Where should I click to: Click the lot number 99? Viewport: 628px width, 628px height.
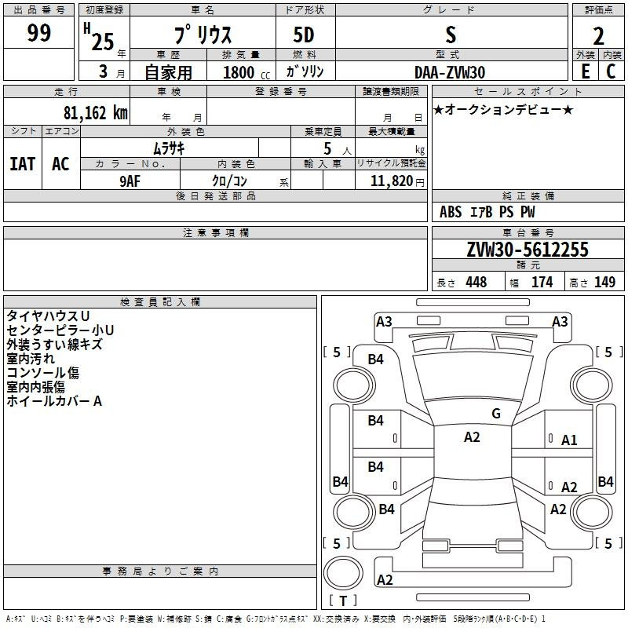pos(38,34)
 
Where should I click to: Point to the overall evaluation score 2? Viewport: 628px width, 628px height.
pos(598,37)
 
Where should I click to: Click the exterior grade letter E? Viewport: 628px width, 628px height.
pos(585,71)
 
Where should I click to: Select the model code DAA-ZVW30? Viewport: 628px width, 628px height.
pos(450,72)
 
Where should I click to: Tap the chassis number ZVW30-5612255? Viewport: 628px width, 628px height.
pos(527,250)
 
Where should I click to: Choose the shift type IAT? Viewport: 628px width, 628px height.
pos(23,164)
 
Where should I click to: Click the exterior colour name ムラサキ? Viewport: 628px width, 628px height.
pos(168,148)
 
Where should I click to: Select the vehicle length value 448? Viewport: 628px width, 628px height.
pos(476,282)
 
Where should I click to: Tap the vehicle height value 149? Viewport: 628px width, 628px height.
pos(604,282)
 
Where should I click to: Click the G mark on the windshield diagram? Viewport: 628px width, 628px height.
pos(495,414)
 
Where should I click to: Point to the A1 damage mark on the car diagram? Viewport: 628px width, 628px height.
pos(569,440)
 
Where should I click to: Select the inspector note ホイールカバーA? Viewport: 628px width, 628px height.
pos(54,401)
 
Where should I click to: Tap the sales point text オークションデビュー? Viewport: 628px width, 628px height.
pos(503,109)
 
